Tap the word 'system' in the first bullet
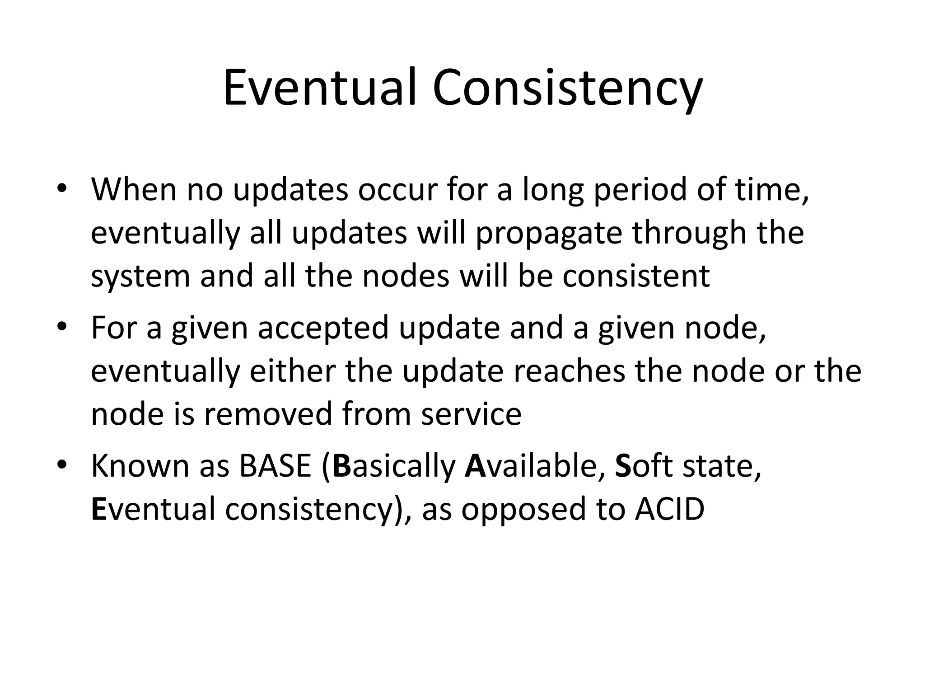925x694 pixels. tap(140, 277)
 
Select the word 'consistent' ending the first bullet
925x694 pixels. tap(636, 276)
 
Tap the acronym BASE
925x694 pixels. tap(275, 465)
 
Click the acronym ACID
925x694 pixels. tap(669, 509)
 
